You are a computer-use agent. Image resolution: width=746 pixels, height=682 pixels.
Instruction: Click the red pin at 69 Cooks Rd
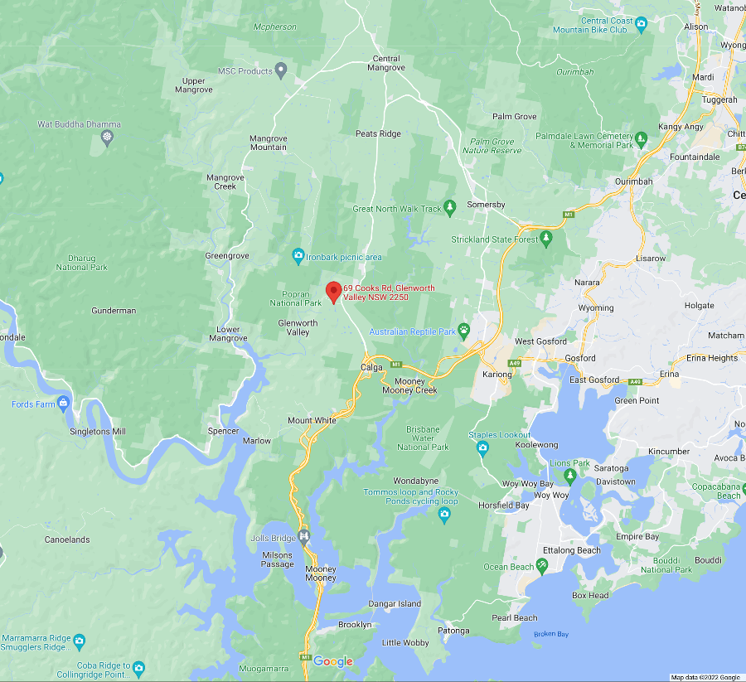point(333,292)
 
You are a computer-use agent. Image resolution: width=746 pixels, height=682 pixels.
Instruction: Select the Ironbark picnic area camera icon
point(298,255)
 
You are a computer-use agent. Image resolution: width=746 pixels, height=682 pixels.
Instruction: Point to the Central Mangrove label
point(386,63)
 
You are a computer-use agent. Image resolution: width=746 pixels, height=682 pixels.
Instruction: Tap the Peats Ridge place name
point(378,133)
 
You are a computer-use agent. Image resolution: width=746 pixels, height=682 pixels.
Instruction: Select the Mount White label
point(312,420)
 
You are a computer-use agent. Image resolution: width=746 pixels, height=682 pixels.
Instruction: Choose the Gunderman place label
point(114,311)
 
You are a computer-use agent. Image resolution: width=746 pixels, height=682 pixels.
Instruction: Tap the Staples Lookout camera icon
point(482,448)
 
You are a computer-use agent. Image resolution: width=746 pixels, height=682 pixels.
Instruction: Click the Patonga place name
point(454,631)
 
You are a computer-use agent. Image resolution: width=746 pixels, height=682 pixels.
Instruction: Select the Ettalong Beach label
point(571,550)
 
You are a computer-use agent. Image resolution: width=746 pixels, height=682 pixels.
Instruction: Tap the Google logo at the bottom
point(333,661)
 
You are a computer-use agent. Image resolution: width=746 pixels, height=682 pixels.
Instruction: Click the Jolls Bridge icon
point(304,537)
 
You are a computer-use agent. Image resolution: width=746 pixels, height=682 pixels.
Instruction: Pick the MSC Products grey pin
point(281,70)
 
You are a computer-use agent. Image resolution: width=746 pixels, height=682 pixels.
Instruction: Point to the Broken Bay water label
point(550,634)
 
